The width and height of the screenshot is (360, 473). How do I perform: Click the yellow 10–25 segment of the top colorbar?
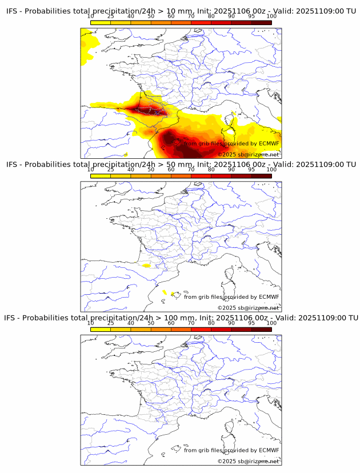101,23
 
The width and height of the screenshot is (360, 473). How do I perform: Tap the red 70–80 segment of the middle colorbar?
201,176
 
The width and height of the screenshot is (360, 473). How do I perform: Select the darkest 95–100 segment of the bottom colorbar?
262,329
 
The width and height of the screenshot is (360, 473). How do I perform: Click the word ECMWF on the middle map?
269,297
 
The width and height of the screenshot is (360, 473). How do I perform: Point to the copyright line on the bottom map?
248,461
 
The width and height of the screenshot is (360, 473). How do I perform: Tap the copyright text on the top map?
248,155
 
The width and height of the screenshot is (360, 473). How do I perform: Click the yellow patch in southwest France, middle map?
146,266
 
